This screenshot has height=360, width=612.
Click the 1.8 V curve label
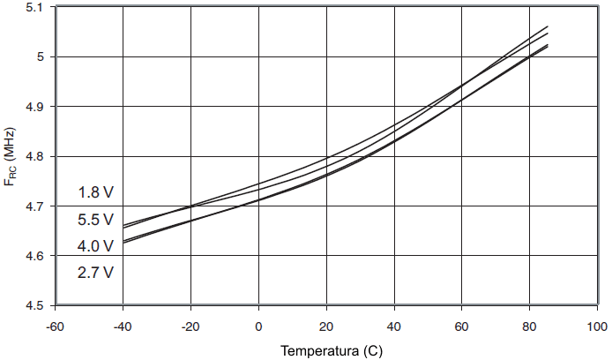(95, 192)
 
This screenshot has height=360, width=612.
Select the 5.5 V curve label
(95, 219)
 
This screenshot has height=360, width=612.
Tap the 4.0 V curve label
(95, 245)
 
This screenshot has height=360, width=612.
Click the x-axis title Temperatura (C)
(332, 350)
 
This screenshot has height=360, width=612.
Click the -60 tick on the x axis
(55, 327)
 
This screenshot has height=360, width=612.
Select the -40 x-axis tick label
(123, 327)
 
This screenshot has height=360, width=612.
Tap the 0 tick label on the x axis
(258, 327)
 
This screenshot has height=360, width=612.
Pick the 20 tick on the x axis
(326, 327)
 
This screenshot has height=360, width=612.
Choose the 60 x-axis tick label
(462, 327)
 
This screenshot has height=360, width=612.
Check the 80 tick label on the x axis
(530, 327)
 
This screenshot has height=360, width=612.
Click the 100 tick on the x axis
(597, 327)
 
